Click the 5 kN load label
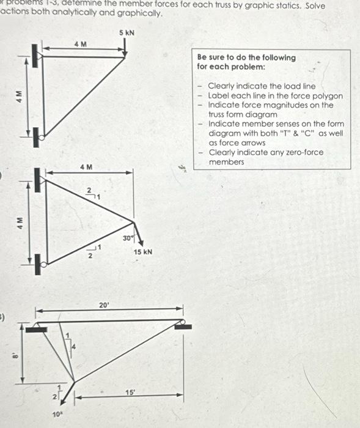pyautogui.click(x=127, y=31)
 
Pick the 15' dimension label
pyautogui.click(x=130, y=392)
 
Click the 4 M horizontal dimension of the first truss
pyautogui.click(x=80, y=44)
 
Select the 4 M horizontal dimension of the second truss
pyautogui.click(x=86, y=166)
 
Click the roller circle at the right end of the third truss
pyautogui.click(x=181, y=322)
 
